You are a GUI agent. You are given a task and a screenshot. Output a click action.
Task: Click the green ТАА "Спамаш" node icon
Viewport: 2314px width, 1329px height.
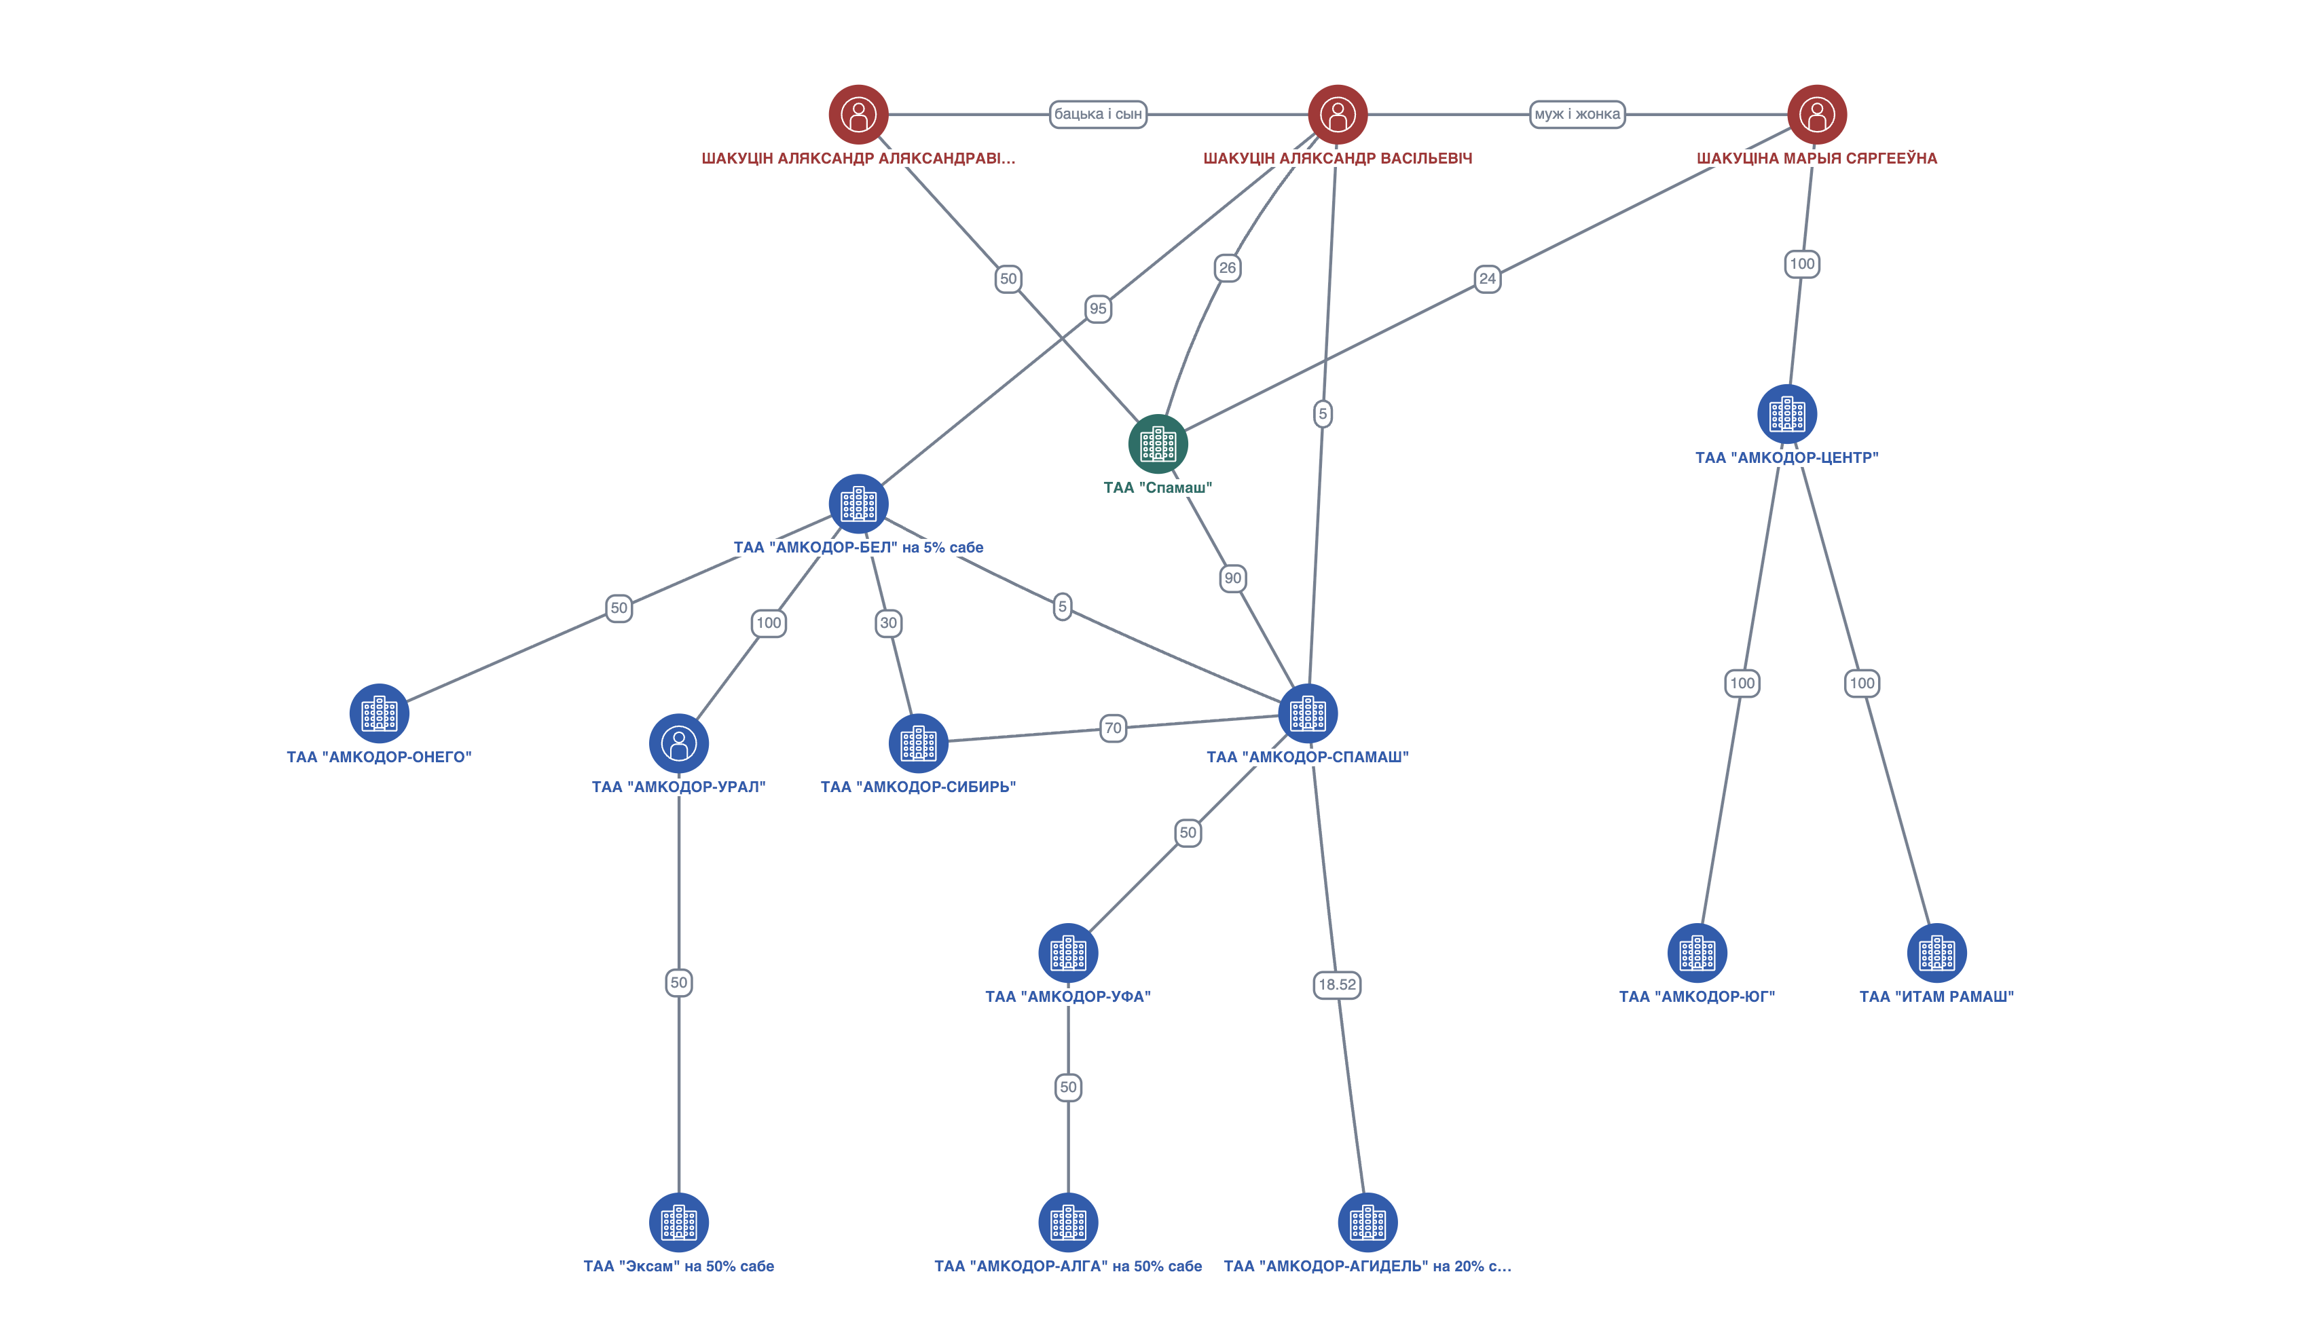1158,444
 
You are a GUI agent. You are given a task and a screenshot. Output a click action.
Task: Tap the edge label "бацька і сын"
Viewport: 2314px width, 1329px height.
1097,114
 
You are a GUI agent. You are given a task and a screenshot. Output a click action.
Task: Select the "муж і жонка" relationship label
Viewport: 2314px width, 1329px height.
1577,114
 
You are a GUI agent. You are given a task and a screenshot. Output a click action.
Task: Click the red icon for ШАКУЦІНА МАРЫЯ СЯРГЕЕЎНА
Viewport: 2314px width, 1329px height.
1816,114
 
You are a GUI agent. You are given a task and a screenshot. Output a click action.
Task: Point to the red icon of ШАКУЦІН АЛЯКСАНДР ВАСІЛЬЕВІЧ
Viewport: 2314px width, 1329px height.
1338,114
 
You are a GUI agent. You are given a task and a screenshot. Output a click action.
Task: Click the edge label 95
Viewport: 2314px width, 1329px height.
1098,309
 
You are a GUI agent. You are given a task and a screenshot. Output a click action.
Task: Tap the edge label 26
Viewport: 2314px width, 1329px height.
1228,267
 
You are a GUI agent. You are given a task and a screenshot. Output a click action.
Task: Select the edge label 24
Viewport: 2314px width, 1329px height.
1487,278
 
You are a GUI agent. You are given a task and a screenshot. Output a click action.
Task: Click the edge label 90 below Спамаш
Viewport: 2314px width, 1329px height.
1232,578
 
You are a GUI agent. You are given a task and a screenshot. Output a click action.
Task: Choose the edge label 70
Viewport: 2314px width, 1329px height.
1113,728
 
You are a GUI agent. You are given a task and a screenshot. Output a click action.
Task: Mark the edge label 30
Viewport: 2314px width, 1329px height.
888,622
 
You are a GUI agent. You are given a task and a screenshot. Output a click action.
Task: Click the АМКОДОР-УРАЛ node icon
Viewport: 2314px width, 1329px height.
678,743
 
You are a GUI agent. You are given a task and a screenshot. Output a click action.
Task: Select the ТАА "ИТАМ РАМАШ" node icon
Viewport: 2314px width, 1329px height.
1936,953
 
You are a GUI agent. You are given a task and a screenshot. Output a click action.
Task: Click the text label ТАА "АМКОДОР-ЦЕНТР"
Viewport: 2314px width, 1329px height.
1786,457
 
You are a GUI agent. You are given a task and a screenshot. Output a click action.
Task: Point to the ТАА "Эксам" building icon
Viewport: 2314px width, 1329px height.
678,1222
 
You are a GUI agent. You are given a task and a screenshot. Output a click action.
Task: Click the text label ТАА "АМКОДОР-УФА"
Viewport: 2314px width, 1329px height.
1067,996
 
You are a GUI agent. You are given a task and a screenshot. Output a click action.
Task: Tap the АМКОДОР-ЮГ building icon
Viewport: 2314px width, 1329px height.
1697,953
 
